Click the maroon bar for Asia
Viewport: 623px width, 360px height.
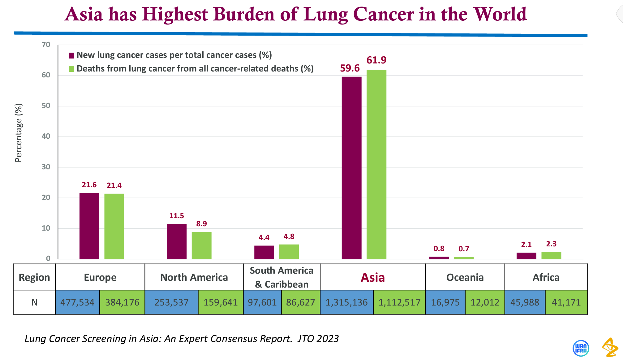(351, 167)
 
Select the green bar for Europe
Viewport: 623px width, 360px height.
(114, 226)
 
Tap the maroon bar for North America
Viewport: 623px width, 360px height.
(177, 241)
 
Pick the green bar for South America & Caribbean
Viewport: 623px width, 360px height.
(289, 252)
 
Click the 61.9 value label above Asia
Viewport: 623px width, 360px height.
(376, 60)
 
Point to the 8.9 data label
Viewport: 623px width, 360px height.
(201, 224)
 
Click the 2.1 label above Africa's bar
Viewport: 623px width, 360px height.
(526, 245)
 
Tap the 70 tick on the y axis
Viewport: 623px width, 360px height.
(46, 45)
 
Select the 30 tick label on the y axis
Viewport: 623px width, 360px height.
(46, 167)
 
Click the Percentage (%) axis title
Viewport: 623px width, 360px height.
(19, 133)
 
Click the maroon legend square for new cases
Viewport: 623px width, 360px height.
(71, 55)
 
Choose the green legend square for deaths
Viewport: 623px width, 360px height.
(71, 69)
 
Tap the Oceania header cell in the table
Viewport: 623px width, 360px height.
(465, 277)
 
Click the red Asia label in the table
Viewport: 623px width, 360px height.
(373, 277)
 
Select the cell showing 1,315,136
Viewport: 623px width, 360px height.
(346, 302)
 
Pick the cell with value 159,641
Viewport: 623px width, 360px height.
(221, 302)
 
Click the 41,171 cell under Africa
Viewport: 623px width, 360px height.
(566, 302)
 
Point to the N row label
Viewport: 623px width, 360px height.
(34, 302)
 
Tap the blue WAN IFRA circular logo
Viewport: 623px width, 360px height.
(581, 348)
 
